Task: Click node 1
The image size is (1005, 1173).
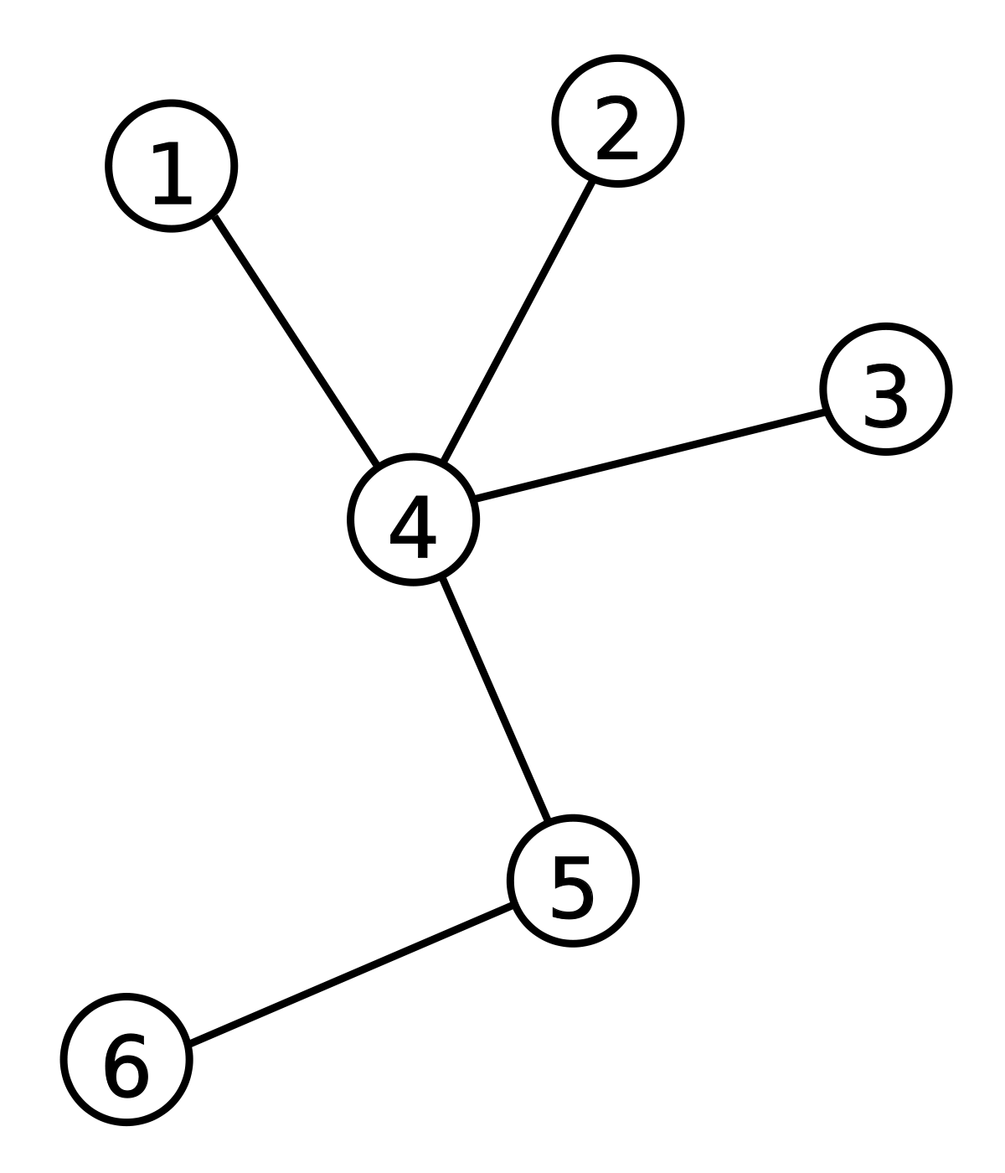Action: click(172, 166)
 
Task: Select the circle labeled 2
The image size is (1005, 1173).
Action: click(618, 121)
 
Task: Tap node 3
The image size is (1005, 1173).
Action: click(886, 390)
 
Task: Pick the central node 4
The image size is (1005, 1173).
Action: click(414, 519)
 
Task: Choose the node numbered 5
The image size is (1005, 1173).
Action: click(573, 881)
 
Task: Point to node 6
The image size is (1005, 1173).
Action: click(126, 1060)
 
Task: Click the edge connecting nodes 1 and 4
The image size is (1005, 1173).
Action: click(296, 340)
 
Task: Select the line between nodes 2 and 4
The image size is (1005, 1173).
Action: click(518, 321)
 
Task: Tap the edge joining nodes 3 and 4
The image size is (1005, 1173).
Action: click(650, 455)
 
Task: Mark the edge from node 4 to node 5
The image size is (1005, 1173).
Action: click(495, 700)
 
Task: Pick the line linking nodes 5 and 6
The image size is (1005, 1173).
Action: click(352, 974)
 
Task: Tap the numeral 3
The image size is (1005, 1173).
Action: click(885, 395)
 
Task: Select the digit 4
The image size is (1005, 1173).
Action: click(414, 527)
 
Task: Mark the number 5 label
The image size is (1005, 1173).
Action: click(572, 887)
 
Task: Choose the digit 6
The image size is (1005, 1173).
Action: click(126, 1067)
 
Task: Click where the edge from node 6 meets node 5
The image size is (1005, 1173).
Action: click(513, 906)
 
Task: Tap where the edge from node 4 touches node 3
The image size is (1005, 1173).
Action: click(826, 411)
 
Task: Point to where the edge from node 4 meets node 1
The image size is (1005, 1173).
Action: click(214, 215)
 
